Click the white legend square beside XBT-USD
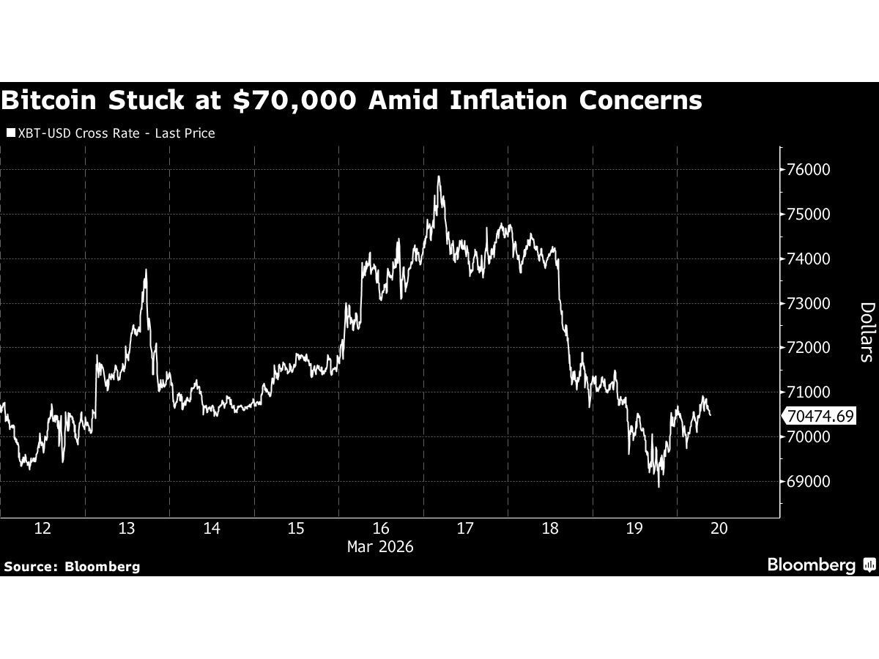[10, 133]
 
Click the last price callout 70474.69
[819, 417]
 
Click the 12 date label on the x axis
[42, 529]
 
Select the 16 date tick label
[380, 529]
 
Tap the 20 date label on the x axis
[719, 529]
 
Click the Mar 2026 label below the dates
[380, 547]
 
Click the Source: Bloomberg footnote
[71, 566]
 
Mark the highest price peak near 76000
[438, 176]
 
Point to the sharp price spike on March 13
[146, 270]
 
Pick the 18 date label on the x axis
[550, 529]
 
